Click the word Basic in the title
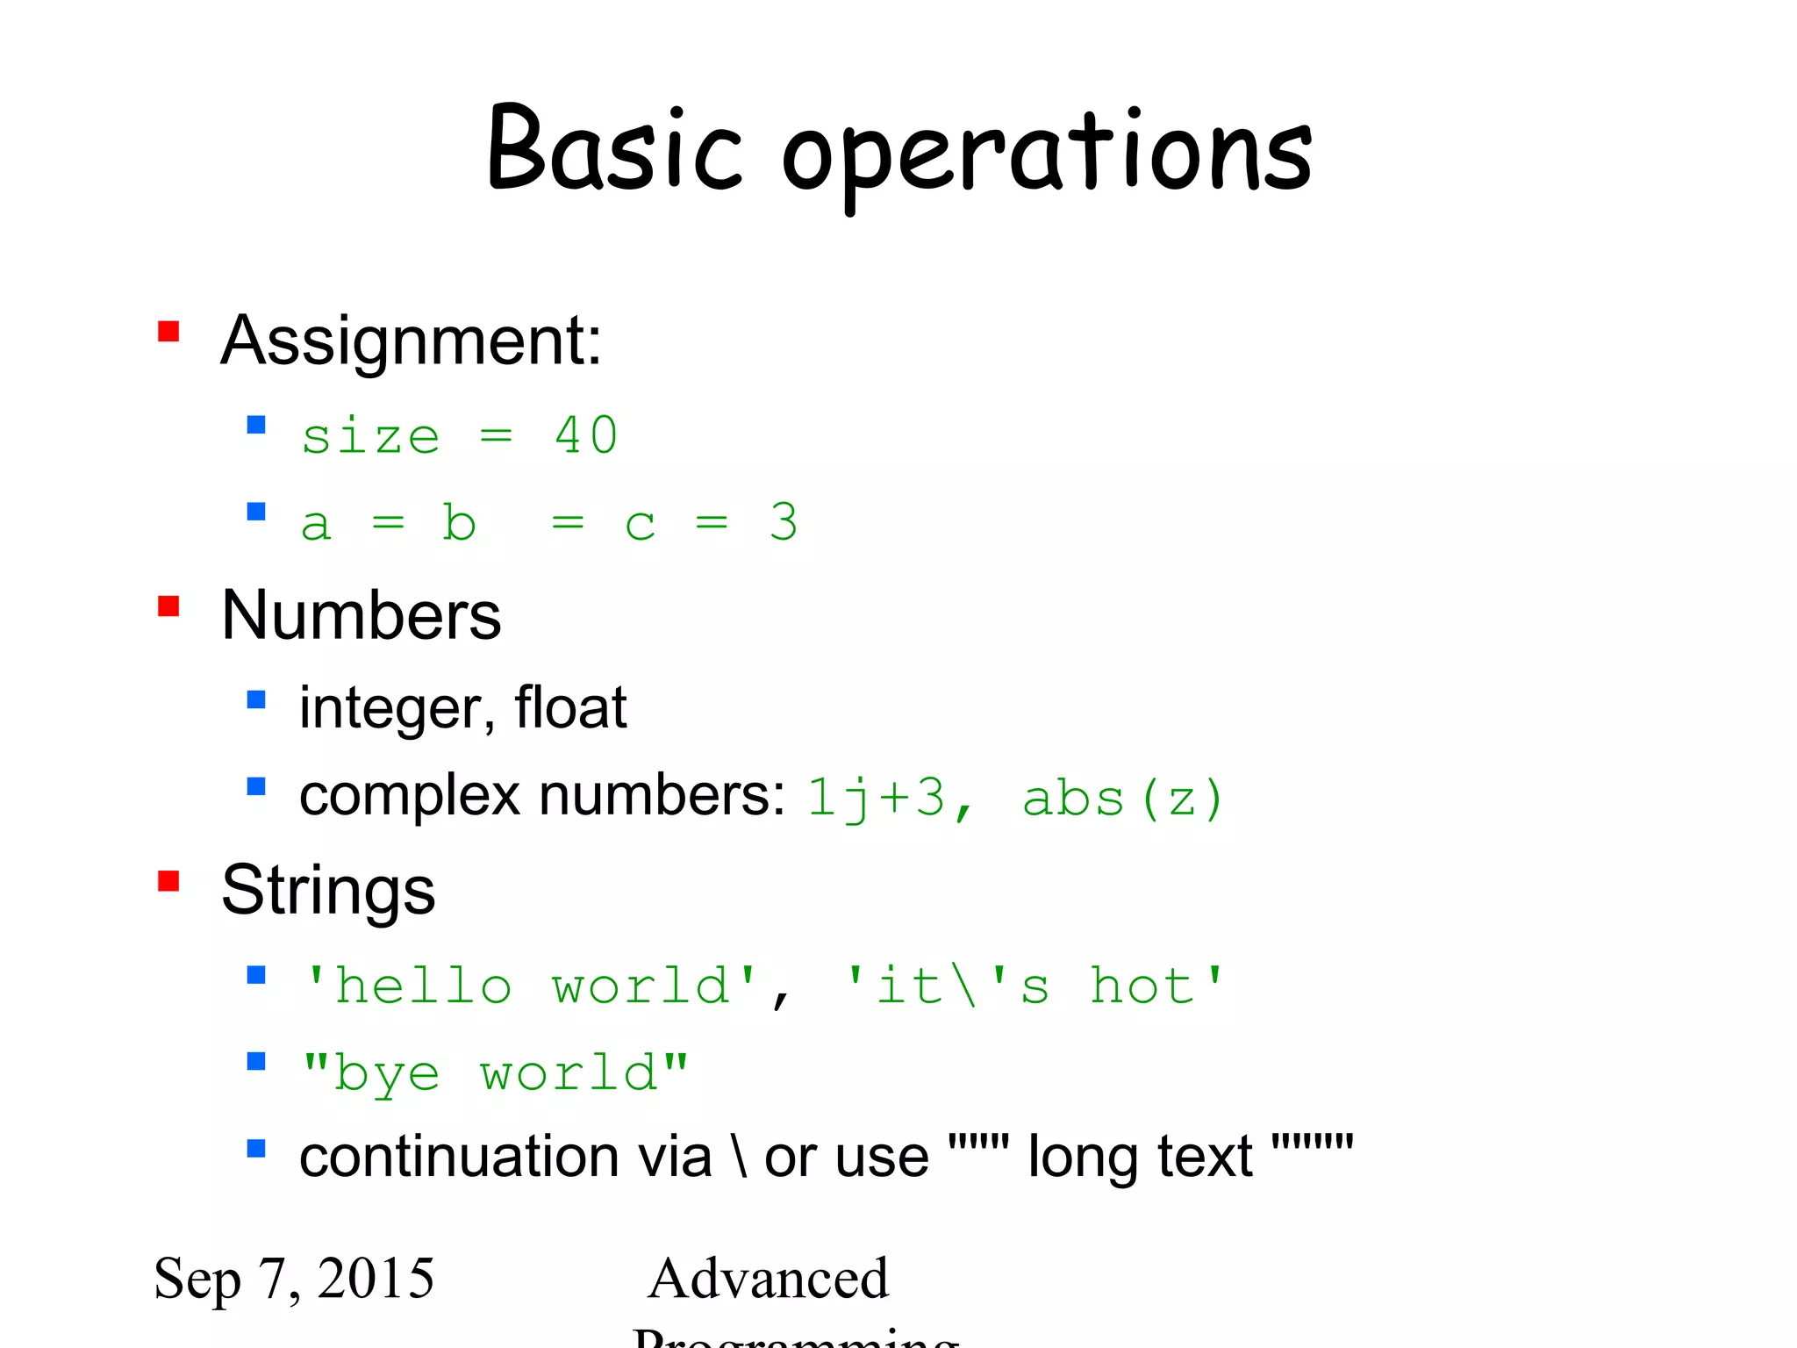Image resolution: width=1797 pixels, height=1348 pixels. (x=614, y=149)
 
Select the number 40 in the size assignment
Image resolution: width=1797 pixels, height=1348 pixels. (x=586, y=435)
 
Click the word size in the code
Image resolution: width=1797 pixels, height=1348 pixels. (x=370, y=437)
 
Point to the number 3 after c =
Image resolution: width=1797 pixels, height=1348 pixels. (x=784, y=522)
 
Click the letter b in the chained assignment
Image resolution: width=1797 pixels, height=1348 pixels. (x=459, y=522)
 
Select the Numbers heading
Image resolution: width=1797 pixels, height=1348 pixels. (x=361, y=615)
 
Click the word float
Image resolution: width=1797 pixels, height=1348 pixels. (x=570, y=707)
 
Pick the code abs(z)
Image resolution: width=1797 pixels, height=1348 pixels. (x=1123, y=799)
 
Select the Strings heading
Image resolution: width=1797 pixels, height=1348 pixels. (x=328, y=890)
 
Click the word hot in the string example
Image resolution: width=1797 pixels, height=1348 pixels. (x=1142, y=986)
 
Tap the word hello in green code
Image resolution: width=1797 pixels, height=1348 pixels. (x=424, y=986)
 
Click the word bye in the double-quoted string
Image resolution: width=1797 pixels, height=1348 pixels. (x=386, y=1074)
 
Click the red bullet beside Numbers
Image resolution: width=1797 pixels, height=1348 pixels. (x=168, y=606)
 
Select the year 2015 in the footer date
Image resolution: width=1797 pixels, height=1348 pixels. (x=376, y=1278)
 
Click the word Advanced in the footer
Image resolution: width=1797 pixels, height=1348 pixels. (x=769, y=1278)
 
